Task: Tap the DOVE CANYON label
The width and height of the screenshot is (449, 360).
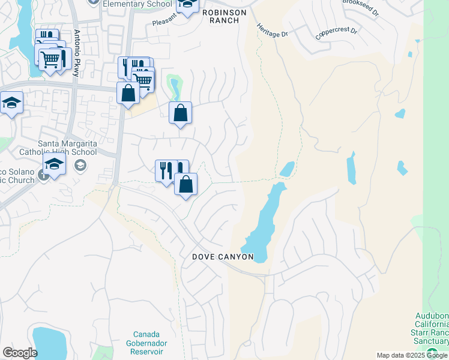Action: click(x=223, y=257)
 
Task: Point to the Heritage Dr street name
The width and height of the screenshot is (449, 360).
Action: click(x=271, y=31)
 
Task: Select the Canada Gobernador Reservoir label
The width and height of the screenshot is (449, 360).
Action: click(x=149, y=343)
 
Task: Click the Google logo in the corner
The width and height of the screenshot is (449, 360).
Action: click(x=20, y=352)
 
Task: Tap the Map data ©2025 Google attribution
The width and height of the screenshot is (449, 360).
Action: click(x=411, y=355)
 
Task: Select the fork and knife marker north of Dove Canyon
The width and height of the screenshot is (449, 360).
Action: click(x=166, y=170)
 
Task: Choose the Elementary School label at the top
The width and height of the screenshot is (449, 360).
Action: click(x=137, y=4)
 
